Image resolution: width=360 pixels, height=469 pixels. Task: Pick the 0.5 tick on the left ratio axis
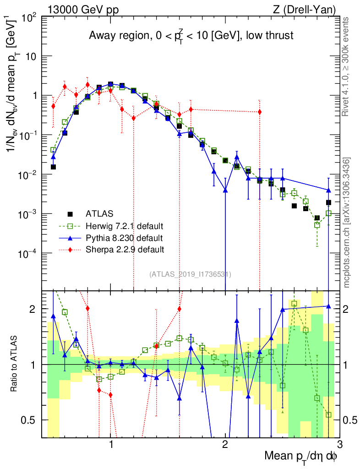coord(32,420)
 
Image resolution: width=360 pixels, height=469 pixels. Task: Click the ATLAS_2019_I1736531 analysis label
coord(190,274)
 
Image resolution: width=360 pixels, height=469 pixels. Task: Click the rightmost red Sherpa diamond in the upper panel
coord(260,112)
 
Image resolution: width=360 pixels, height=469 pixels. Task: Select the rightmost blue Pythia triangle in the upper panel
coord(328,190)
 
